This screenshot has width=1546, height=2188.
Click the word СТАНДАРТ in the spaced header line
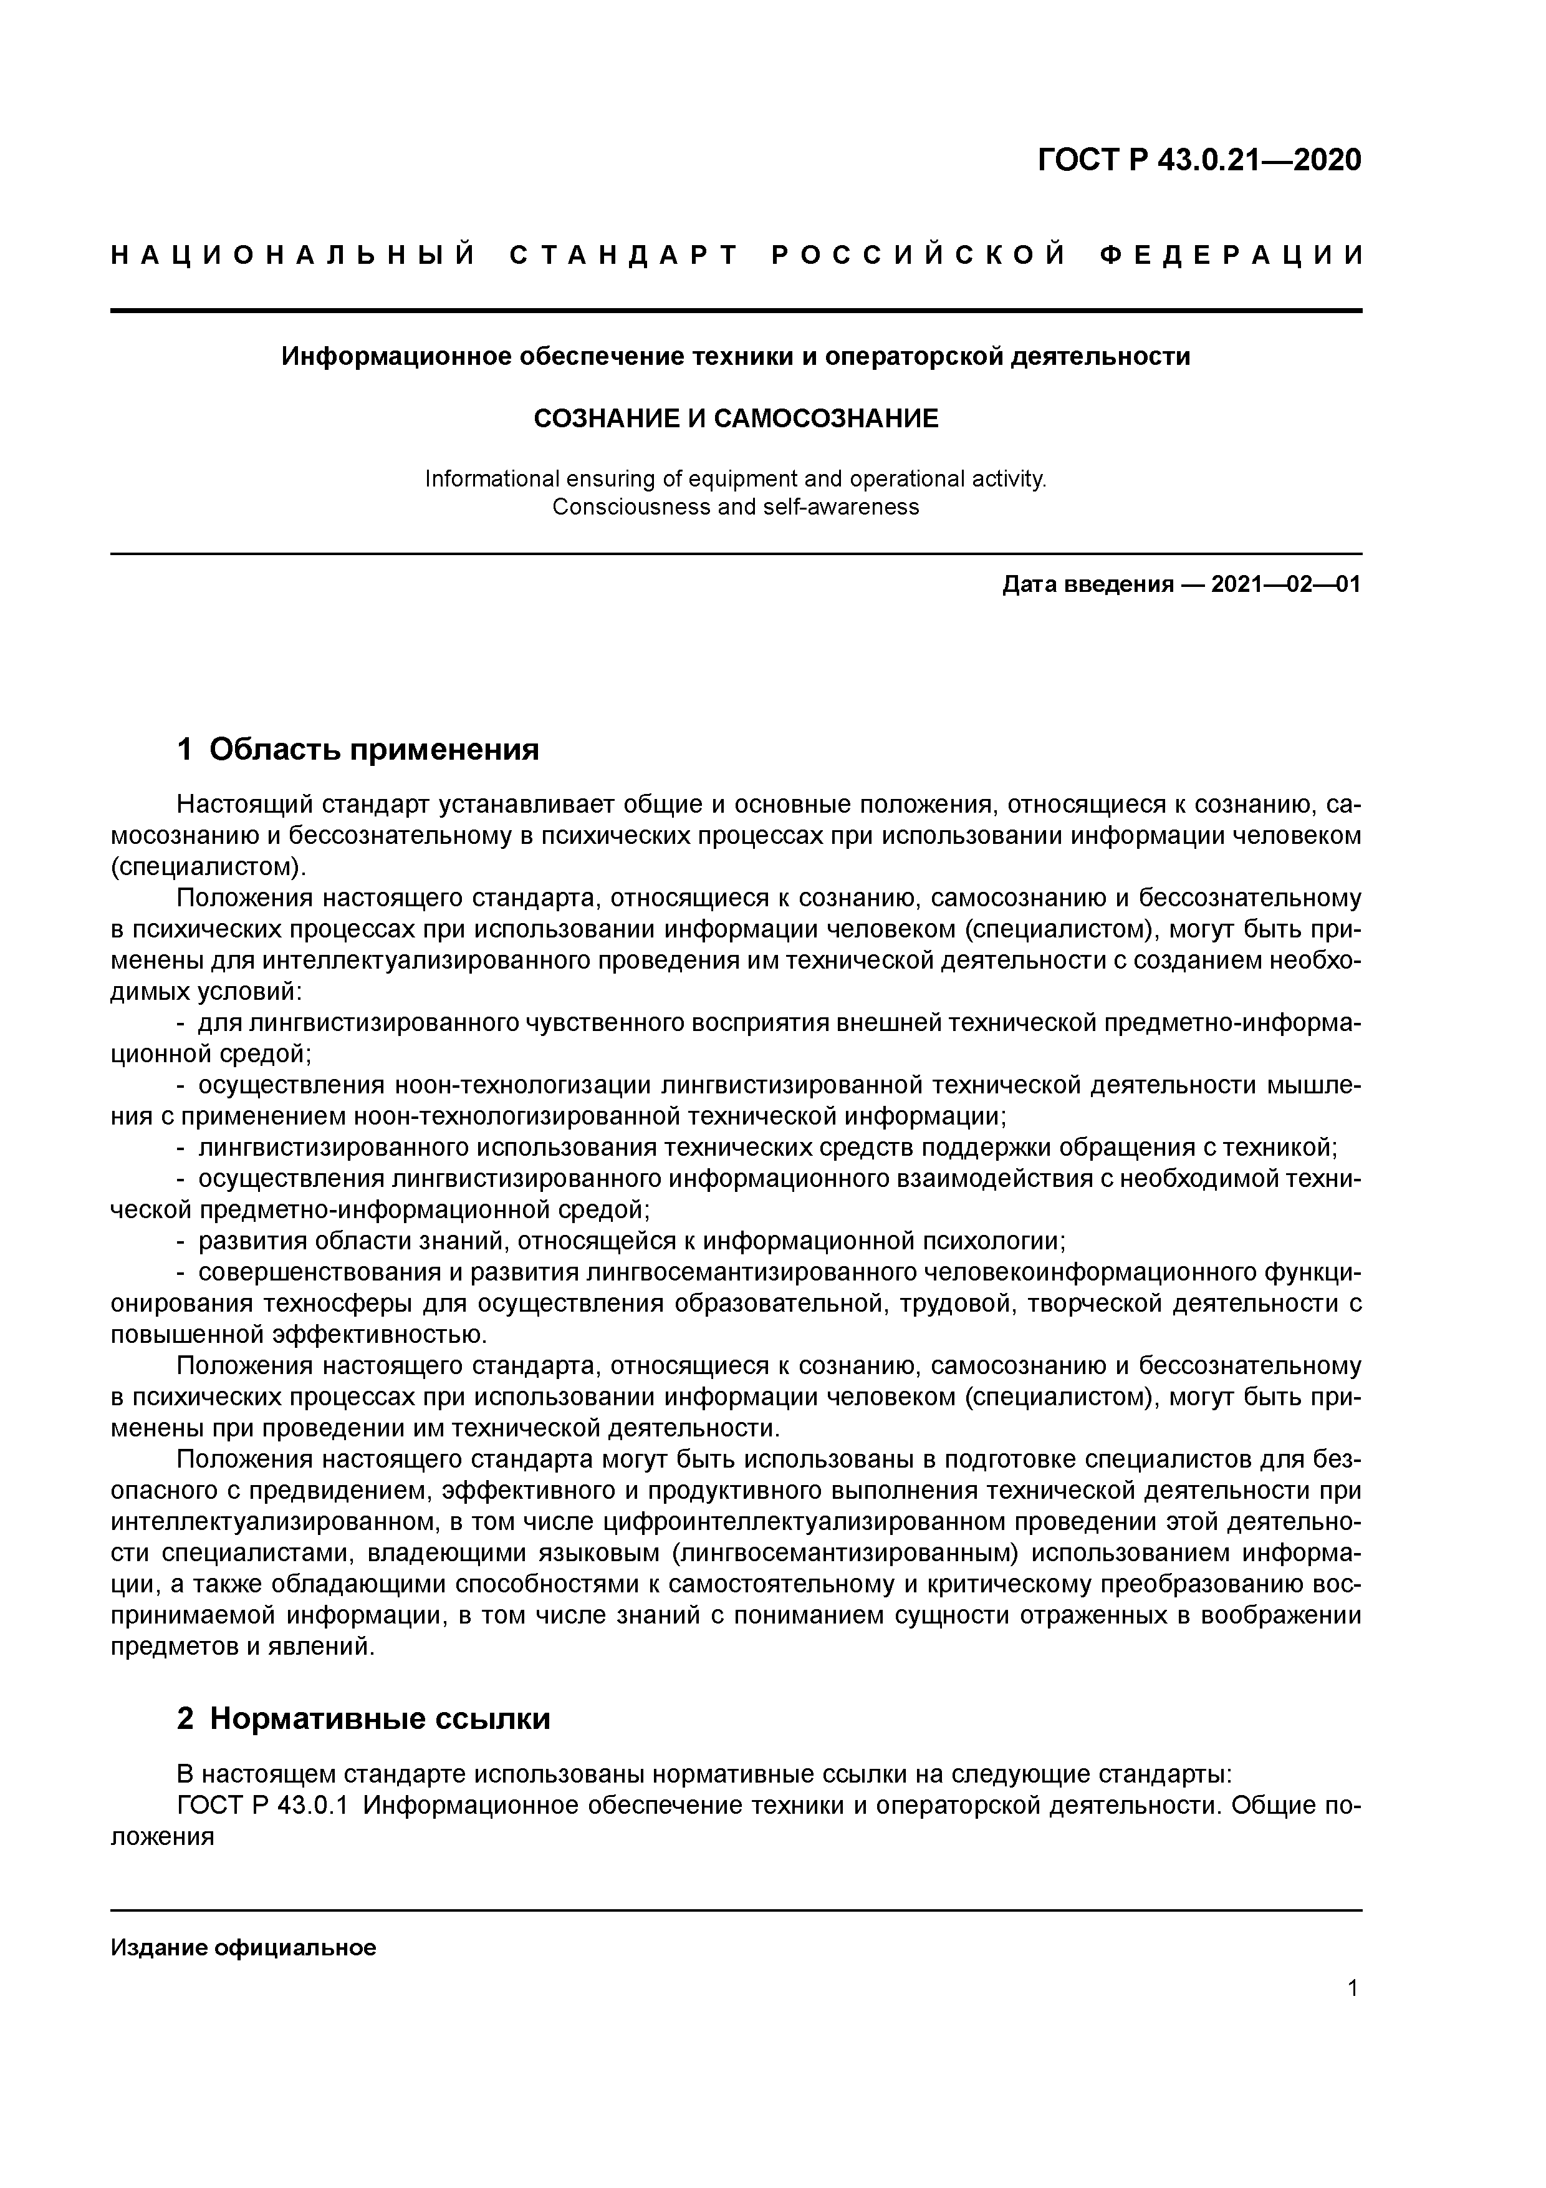coord(625,255)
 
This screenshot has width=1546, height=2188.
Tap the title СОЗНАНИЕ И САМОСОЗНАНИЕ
coord(736,419)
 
